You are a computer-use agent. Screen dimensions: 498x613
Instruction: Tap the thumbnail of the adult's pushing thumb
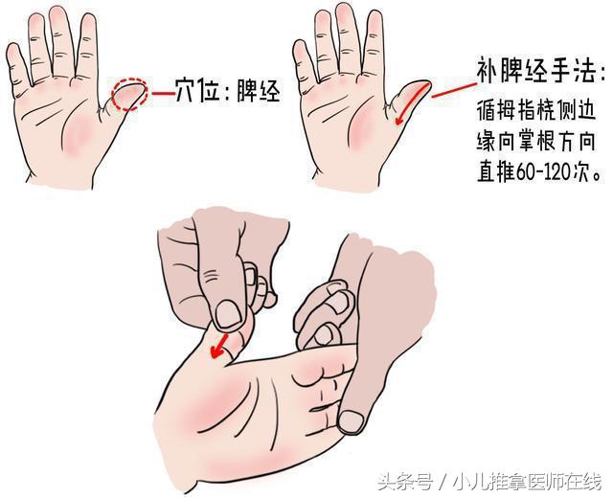[229, 312]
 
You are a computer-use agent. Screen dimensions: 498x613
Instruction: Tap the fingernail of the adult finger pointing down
[352, 419]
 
